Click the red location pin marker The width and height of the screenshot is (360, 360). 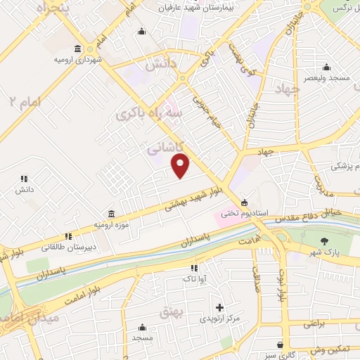(x=181, y=166)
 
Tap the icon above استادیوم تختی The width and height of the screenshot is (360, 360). (x=244, y=202)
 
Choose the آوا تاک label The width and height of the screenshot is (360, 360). (x=193, y=279)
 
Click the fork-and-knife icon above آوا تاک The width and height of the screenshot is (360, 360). (x=193, y=268)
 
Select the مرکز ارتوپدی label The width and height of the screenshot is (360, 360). (x=220, y=320)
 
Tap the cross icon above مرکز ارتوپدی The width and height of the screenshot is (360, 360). (x=220, y=308)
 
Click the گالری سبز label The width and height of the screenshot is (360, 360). (x=282, y=356)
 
